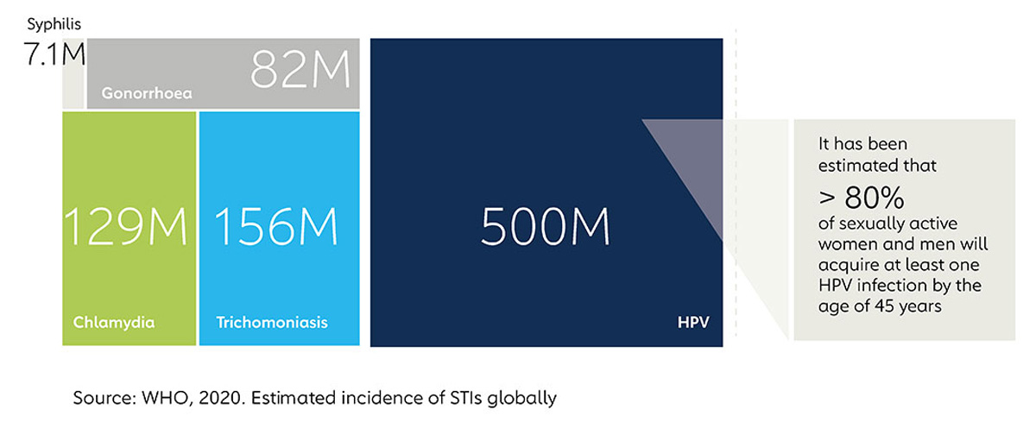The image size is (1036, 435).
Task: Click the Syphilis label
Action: pos(54,24)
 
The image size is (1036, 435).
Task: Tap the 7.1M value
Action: pos(54,54)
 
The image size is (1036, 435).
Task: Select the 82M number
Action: pos(300,69)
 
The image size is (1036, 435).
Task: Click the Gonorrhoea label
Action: pos(147,93)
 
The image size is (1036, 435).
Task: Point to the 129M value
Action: pos(125,226)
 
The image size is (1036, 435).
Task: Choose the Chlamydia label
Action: pos(114,322)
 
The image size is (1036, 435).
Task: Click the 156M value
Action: pos(276,226)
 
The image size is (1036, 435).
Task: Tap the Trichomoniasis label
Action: pos(272,322)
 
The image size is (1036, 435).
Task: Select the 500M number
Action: pos(546,226)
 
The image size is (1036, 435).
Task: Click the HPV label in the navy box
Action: pos(693,322)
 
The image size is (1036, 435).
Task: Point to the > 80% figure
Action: pos(862,198)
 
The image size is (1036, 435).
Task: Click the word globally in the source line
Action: pos(521,399)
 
